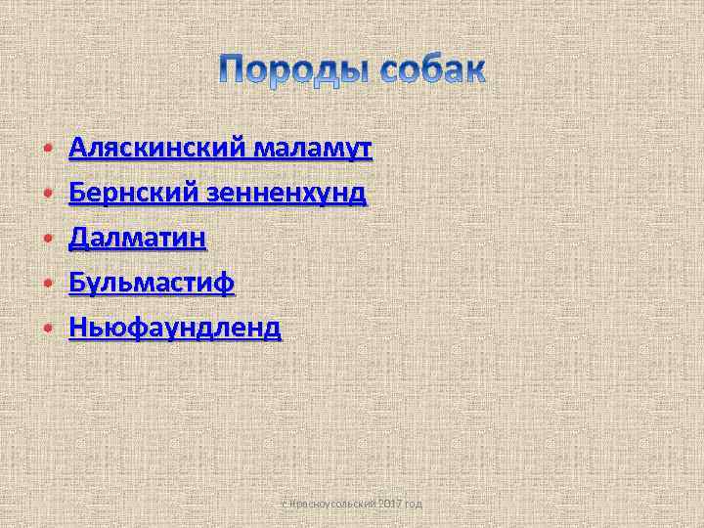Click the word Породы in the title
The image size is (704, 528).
pos(292,71)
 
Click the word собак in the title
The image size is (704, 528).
pos(429,71)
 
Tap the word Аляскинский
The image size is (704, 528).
pos(156,149)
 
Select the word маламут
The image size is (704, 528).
pos(311,149)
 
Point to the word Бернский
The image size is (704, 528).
pos(133,194)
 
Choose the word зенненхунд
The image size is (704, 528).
pos(286,194)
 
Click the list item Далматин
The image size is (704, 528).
pos(137,238)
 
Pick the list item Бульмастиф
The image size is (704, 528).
pos(152,283)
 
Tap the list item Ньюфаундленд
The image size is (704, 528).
pos(175,327)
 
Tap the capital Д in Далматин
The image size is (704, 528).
pos(79,239)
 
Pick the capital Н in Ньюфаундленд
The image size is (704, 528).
pos(78,327)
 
